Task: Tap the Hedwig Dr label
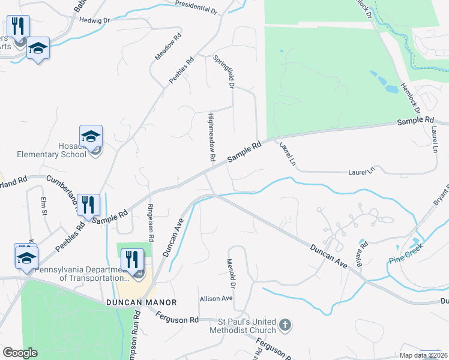click(x=94, y=20)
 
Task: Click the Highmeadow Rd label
click(x=211, y=137)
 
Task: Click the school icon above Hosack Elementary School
click(x=91, y=137)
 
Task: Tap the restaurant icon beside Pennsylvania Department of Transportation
click(x=132, y=260)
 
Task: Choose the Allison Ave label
click(x=216, y=298)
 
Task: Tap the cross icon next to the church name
click(x=286, y=326)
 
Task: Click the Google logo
click(x=20, y=353)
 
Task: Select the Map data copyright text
click(x=423, y=355)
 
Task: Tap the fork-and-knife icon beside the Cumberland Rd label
click(x=88, y=205)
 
